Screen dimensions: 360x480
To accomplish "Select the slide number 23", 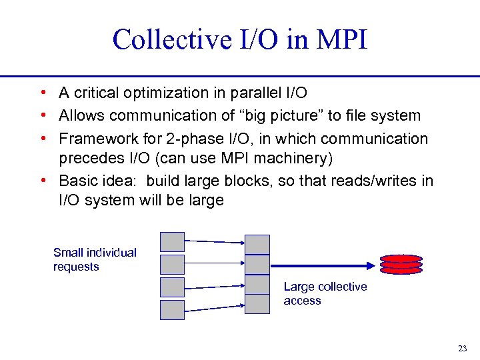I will pyautogui.click(x=463, y=348).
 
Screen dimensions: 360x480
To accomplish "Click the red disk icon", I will pyautogui.click(x=401, y=264).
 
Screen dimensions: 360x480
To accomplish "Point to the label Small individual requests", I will pyautogui.click(x=95, y=259).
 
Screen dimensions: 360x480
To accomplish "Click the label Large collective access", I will pyautogui.click(x=325, y=293).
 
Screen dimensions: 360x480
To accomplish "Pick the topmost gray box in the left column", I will pyautogui.click(x=172, y=241).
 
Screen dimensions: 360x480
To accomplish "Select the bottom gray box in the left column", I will pyautogui.click(x=172, y=310).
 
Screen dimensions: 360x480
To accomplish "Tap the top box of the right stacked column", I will pyautogui.click(x=257, y=244).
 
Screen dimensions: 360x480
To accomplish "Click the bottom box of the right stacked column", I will pyautogui.click(x=257, y=303).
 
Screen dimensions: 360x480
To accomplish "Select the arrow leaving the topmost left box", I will pyautogui.click(x=215, y=242).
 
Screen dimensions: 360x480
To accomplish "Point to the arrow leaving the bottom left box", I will pyautogui.click(x=215, y=305).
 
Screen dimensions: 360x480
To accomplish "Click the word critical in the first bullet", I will pyautogui.click(x=98, y=94).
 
